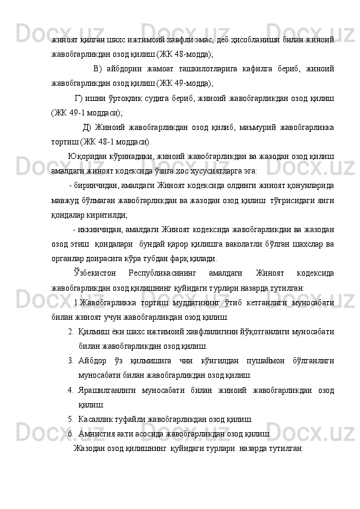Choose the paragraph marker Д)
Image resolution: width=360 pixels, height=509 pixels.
[x=87, y=128]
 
